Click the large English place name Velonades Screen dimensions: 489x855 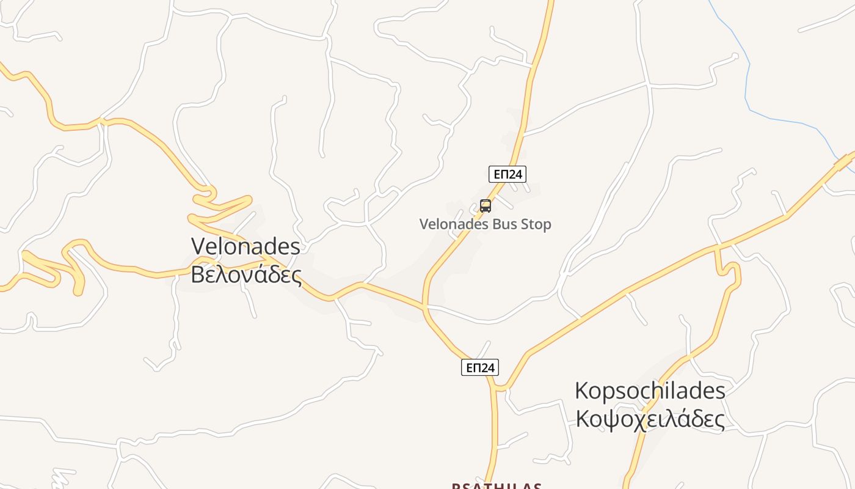[246, 246]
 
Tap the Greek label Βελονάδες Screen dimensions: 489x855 [246, 274]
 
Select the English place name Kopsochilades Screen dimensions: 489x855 [650, 391]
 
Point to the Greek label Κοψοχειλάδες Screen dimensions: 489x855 [650, 419]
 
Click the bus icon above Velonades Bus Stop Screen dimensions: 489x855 [486, 206]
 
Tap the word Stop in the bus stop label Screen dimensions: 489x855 [536, 224]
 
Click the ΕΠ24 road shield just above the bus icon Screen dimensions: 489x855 [508, 174]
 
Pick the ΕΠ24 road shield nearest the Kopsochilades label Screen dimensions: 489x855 [479, 367]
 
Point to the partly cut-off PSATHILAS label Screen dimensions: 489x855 [497, 486]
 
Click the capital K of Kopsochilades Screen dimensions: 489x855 [581, 391]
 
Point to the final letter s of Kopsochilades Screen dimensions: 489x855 [721, 391]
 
